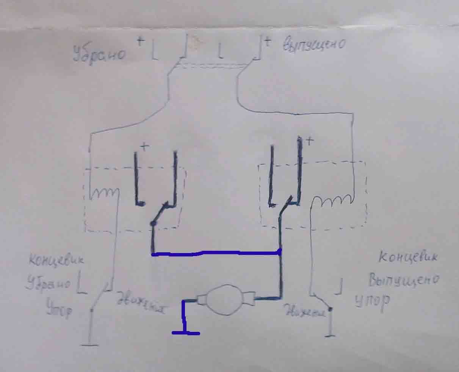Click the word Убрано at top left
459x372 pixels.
click(100, 54)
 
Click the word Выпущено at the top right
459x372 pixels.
click(314, 45)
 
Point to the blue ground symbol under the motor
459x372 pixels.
click(186, 333)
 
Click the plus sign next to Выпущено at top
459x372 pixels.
click(268, 41)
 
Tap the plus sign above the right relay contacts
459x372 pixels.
click(310, 141)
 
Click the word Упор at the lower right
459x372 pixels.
click(373, 302)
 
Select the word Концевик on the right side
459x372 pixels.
click(408, 257)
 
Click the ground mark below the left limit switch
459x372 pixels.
click(90, 344)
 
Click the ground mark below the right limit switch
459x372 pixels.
click(331, 335)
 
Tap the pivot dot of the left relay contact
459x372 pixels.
click(153, 224)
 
